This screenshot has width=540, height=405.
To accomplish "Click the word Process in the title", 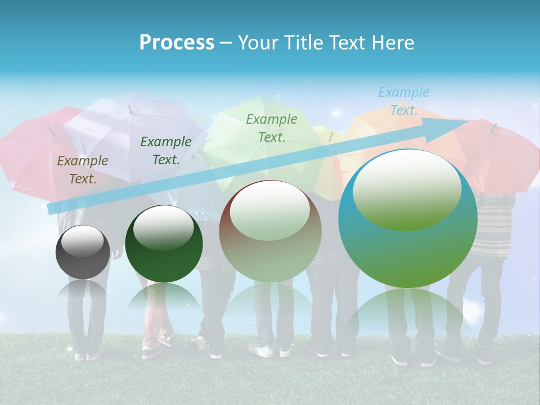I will click(177, 42).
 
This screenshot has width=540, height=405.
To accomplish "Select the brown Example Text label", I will click(82, 169).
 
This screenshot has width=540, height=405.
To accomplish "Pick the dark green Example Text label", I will click(165, 150).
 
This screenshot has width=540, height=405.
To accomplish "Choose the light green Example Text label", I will click(271, 128).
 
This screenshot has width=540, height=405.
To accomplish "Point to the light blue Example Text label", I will click(403, 101).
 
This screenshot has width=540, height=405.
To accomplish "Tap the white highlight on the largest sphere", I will click(407, 188).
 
